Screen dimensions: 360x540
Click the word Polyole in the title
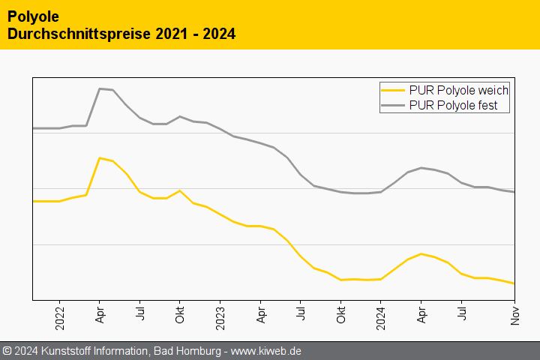[33, 16]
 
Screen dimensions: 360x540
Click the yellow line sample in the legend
[394, 90]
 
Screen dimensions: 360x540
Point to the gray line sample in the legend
[394, 106]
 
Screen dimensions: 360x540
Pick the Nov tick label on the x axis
[514, 316]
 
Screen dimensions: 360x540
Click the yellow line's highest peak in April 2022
[100, 157]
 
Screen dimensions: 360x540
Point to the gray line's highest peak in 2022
[100, 88]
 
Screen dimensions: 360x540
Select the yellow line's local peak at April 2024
[421, 253]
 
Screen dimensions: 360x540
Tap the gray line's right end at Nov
[514, 192]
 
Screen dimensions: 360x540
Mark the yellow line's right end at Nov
[514, 283]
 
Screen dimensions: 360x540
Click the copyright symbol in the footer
[7, 351]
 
